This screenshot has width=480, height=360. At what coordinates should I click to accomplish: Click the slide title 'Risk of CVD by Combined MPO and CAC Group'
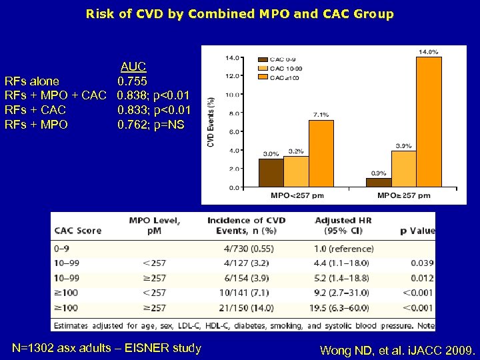240,13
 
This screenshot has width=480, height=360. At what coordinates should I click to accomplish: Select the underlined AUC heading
133,67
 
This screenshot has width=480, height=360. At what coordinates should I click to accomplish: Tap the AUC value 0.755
133,81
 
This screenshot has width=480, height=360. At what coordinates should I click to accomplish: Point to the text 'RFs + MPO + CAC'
55,95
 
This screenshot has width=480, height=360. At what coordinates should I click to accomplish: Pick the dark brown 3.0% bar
270,173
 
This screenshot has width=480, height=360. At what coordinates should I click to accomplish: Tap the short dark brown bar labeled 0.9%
379,182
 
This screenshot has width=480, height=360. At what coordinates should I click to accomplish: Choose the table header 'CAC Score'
78,231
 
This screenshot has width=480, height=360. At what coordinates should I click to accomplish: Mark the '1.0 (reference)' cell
343,249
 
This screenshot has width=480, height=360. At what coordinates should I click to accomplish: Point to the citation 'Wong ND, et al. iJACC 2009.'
397,350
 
